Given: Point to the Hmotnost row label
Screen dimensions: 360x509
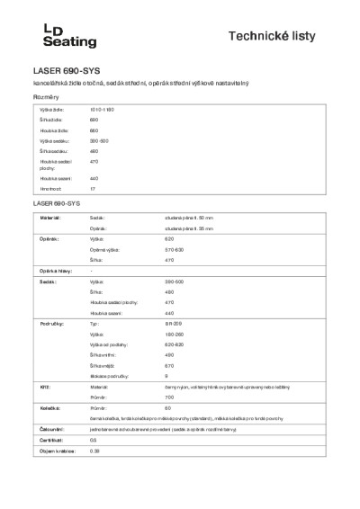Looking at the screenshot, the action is click(49, 190).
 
